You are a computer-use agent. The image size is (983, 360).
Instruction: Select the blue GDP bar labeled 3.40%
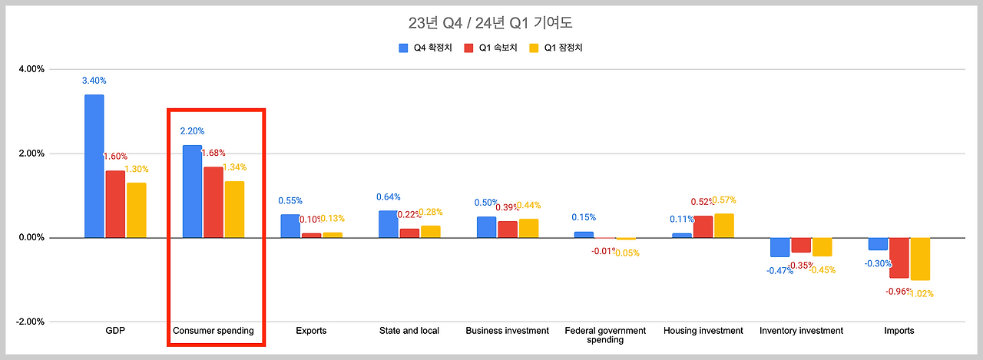click(94, 166)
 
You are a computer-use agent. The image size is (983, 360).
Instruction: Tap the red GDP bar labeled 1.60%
click(115, 203)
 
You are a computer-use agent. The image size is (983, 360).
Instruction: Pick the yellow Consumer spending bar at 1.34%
click(234, 210)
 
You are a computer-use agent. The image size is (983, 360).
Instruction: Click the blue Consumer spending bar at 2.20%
click(192, 191)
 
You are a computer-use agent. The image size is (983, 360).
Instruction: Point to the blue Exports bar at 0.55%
click(290, 226)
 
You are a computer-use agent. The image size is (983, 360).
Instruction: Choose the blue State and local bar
click(389, 224)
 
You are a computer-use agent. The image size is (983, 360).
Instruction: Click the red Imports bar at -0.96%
click(899, 258)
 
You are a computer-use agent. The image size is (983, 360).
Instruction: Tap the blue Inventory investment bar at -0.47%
click(779, 247)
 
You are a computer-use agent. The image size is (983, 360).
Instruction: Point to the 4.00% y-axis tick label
click(31, 69)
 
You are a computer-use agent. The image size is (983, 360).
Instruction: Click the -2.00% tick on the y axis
click(30, 322)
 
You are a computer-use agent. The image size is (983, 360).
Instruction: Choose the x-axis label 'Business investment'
click(507, 331)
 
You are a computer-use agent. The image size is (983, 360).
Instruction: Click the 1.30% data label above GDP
click(137, 169)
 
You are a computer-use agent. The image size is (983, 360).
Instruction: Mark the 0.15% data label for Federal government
click(584, 217)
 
